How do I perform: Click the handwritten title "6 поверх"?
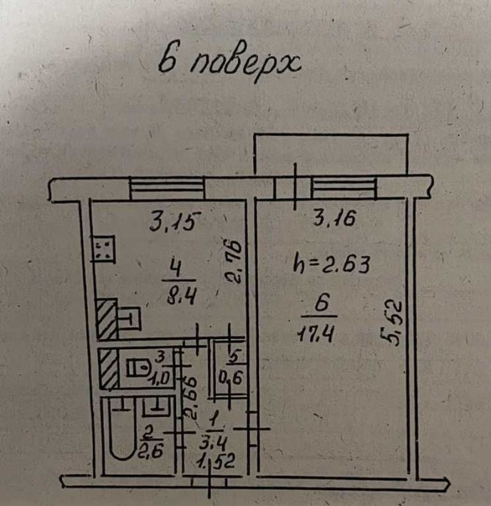[230, 62]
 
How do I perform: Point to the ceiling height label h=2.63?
[331, 265]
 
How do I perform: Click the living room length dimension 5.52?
[391, 323]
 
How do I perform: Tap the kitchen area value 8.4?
[182, 296]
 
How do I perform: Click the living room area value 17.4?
[315, 333]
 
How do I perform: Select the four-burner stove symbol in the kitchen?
[103, 248]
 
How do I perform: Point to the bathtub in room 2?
[122, 429]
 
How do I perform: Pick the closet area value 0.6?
[230, 378]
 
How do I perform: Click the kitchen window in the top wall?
[167, 188]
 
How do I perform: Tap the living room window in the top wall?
[344, 188]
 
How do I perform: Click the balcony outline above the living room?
[331, 134]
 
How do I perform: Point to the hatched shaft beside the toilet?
[108, 369]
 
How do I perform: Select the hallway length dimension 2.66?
[190, 399]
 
